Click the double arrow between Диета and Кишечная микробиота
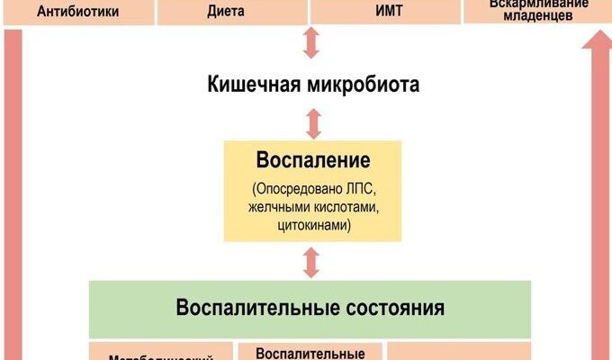[x=312, y=43]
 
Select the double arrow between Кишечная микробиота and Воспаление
[x=312, y=123]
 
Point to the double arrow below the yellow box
[x=312, y=262]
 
